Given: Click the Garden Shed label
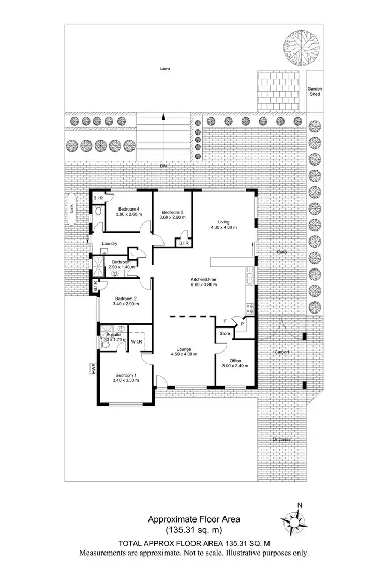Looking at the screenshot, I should pos(315,92).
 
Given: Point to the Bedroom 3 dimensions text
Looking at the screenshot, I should pos(171,218).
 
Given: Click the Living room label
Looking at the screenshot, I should pos(223,222).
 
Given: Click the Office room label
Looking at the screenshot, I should pos(235,360).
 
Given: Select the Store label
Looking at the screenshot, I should pos(225,334).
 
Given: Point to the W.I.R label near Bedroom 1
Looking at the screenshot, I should pos(137,341).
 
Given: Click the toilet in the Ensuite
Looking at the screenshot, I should pos(106,343).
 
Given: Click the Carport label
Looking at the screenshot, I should pos(282,352).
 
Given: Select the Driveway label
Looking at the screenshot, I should pos(282,439).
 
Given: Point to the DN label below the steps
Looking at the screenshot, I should pos(163,166).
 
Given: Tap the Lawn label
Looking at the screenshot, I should pos(165,68).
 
